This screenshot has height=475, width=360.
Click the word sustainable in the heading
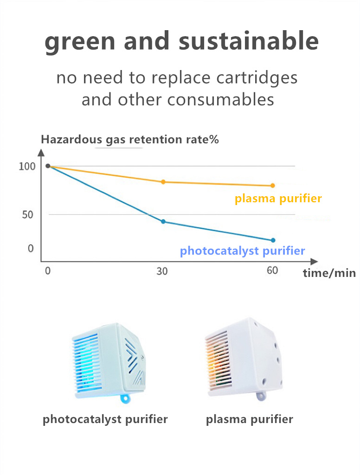(x=249, y=41)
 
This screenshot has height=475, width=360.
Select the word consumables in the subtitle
(x=221, y=100)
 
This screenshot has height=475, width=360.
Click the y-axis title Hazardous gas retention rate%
(x=130, y=139)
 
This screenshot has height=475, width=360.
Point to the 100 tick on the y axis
(x=27, y=167)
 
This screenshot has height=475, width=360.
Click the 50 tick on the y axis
(x=27, y=215)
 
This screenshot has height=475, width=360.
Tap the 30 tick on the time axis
(x=162, y=271)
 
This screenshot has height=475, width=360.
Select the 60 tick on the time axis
(x=272, y=270)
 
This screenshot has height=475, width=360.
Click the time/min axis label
(x=329, y=273)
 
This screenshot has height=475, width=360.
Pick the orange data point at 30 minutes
(x=163, y=182)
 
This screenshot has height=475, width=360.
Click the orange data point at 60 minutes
(x=272, y=186)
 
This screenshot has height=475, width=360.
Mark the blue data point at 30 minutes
(x=163, y=221)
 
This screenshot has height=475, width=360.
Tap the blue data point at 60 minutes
(x=273, y=240)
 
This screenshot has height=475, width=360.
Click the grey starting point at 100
(x=48, y=166)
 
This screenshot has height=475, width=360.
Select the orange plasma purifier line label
(x=278, y=199)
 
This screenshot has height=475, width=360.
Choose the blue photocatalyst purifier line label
(x=243, y=251)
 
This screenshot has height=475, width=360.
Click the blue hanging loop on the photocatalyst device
(x=125, y=398)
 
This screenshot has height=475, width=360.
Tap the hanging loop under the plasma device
(x=261, y=396)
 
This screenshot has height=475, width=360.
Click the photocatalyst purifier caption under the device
(x=105, y=419)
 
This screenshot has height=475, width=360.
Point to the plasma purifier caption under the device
(x=250, y=420)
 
